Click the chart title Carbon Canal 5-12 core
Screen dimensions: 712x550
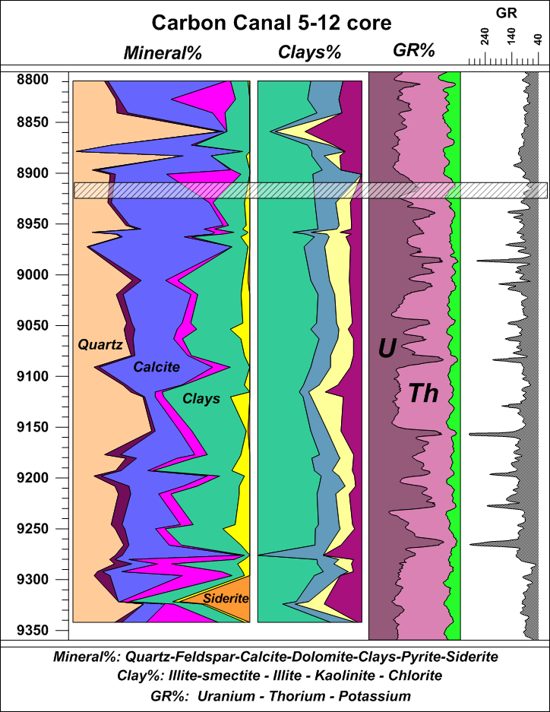click(x=271, y=23)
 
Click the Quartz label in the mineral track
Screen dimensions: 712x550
click(x=100, y=344)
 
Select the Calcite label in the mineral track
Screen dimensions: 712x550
click(x=156, y=367)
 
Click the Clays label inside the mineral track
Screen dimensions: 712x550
click(x=201, y=398)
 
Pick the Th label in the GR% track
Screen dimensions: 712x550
click(x=423, y=393)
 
